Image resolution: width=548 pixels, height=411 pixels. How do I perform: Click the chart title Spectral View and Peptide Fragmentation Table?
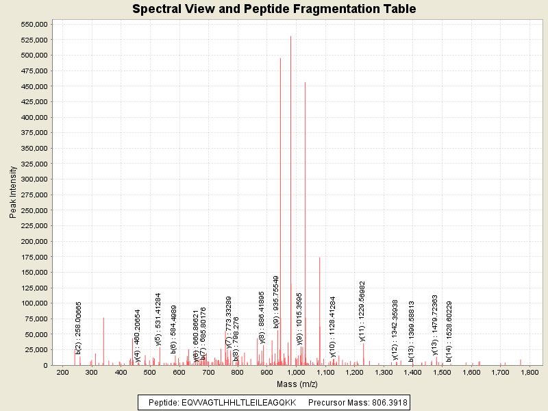(274, 9)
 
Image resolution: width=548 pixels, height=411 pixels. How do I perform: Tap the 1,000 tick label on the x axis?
(296, 373)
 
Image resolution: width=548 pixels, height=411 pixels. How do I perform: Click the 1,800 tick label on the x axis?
(530, 373)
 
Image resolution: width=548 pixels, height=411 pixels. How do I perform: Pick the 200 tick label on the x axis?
(62, 373)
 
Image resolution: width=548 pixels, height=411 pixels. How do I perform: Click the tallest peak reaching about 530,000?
(290, 37)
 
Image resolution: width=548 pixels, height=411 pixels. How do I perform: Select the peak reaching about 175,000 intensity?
(319, 258)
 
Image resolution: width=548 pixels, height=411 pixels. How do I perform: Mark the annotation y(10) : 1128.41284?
(333, 326)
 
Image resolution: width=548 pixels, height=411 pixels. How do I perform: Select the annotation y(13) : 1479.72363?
(435, 324)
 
